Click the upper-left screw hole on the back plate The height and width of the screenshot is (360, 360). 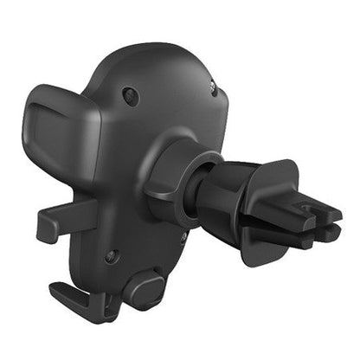131,97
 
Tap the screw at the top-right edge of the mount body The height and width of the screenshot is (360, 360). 212,85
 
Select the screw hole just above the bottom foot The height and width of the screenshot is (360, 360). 111,256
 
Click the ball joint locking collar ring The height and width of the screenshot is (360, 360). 173,181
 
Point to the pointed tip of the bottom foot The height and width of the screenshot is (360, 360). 54,291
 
